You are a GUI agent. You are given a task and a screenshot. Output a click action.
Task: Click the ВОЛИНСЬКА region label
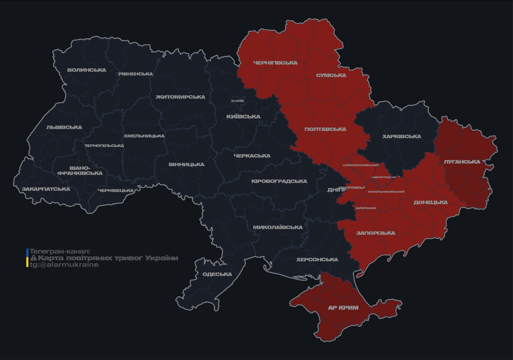pos(87,70)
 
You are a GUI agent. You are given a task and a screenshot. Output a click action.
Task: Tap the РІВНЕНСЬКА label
pos(136,74)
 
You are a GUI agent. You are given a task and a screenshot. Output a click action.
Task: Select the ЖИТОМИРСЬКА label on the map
pos(181,97)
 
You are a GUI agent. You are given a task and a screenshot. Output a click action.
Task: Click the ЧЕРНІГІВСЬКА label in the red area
pos(275,63)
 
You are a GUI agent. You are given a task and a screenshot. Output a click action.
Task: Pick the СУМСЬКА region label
pos(331,75)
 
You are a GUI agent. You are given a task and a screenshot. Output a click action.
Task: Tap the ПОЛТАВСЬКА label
pos(325,129)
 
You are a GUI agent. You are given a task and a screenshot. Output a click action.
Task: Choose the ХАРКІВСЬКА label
pos(401,137)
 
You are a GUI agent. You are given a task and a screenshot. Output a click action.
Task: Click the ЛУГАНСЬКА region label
pos(462,162)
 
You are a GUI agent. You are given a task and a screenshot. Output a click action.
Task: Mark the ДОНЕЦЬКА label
pos(430,202)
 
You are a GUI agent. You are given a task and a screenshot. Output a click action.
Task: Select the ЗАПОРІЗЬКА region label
pos(376,233)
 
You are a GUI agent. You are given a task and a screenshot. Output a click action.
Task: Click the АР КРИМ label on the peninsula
pos(343,308)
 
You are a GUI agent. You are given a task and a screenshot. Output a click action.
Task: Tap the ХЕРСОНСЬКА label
pos(317,260)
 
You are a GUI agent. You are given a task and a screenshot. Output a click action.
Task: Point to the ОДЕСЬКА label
pos(217,274)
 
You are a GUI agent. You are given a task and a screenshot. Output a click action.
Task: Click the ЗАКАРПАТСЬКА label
pos(45,189)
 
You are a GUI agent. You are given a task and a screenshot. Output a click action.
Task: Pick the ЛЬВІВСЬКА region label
pos(64,127)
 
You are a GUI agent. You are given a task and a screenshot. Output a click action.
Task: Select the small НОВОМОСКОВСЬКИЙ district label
pos(361,165)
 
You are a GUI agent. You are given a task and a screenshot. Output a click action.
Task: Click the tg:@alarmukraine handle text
pos(64,265)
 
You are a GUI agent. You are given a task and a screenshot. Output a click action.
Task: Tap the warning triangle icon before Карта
pos(33,258)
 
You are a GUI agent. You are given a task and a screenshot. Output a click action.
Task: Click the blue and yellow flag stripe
pos(27,258)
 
